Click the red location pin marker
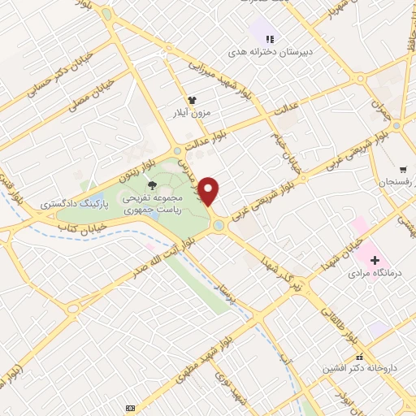point(210,191)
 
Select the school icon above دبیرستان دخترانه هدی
point(269,38)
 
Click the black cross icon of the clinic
point(374,260)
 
